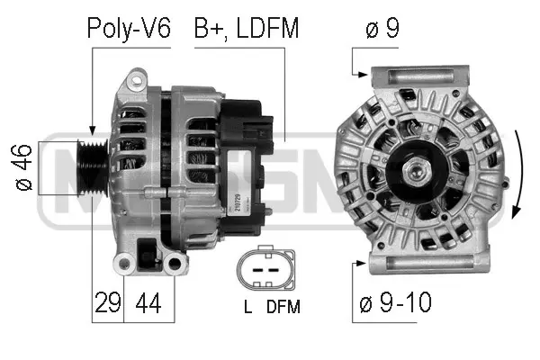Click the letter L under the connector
coord(247,307)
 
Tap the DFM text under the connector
coord(283,307)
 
